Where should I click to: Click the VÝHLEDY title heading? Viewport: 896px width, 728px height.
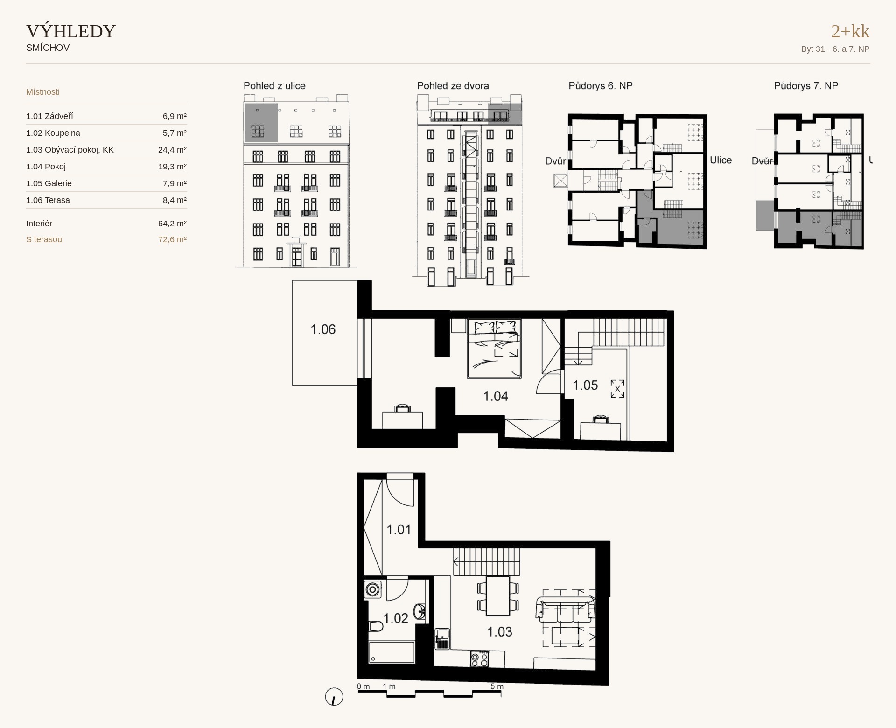click(x=71, y=31)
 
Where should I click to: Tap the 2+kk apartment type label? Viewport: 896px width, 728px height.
click(x=850, y=31)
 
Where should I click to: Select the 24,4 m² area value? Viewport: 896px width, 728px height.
click(x=172, y=150)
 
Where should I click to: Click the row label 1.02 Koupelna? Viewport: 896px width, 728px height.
click(x=53, y=133)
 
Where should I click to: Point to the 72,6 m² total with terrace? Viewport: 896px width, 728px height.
click(x=172, y=239)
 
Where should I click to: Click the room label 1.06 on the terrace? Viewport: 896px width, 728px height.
click(x=323, y=329)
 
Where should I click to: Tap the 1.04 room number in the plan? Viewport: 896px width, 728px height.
click(x=496, y=396)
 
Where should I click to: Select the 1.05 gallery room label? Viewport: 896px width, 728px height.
click(x=585, y=385)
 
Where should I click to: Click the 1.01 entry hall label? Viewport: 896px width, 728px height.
click(x=399, y=530)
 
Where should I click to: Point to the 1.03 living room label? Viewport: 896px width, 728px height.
click(x=500, y=632)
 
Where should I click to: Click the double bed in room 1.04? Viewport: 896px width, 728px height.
click(x=494, y=349)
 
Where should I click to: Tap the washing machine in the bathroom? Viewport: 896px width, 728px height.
click(x=373, y=589)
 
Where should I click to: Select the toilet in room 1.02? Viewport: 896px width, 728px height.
click(x=376, y=626)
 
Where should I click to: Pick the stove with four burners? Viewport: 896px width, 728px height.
click(x=480, y=658)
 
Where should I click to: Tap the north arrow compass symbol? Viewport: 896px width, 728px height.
click(x=334, y=697)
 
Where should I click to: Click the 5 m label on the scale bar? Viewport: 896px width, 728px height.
click(x=497, y=686)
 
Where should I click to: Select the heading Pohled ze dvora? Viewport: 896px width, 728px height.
click(x=453, y=86)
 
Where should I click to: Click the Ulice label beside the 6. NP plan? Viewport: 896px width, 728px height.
click(x=721, y=160)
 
